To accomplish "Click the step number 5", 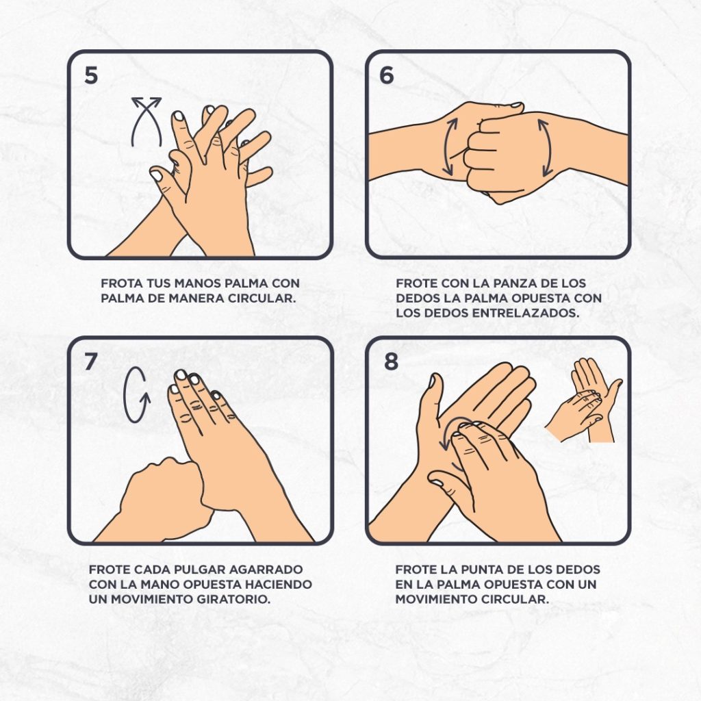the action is (x=91, y=75).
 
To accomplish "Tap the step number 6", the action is (x=387, y=75).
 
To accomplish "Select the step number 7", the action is (x=90, y=361).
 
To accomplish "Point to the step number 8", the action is (x=391, y=361).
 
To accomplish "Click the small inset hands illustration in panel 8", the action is (x=584, y=400).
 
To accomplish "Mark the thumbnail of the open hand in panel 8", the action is (x=433, y=381).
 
